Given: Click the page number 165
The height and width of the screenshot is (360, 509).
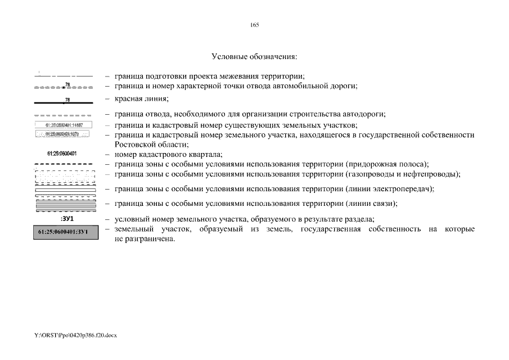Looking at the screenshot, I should [x=254, y=25].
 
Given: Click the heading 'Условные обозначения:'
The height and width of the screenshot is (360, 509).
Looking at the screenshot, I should [x=254, y=56].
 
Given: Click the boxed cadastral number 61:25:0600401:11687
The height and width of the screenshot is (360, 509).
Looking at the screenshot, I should [x=64, y=125].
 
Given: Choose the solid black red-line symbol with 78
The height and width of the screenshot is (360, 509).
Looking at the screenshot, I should [x=64, y=102].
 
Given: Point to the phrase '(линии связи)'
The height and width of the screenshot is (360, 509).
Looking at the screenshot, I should [x=372, y=203].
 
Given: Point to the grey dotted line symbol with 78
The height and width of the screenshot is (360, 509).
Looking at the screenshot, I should [x=64, y=87].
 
